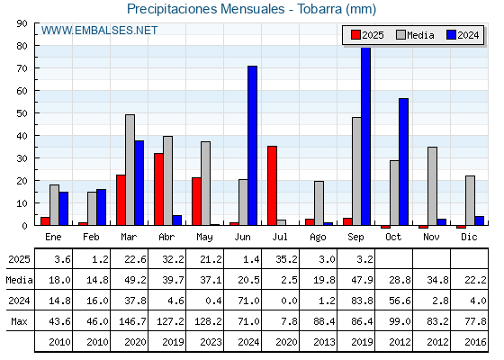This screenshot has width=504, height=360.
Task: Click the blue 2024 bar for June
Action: pyautogui.click(x=252, y=146)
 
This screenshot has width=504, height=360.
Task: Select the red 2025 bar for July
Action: pyautogui.click(x=272, y=185)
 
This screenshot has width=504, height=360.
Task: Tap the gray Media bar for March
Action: pyautogui.click(x=130, y=170)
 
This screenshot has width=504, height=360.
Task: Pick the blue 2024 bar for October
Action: pyautogui.click(x=404, y=162)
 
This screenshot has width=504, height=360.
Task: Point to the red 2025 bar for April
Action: pyautogui.click(x=158, y=189)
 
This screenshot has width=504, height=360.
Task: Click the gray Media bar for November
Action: pyautogui.click(x=432, y=186)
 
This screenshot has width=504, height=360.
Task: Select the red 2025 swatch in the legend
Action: pyautogui.click(x=355, y=35)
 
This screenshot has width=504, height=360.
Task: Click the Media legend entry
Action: pyautogui.click(x=415, y=35)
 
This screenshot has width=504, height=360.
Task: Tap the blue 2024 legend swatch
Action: pyautogui.click(x=451, y=35)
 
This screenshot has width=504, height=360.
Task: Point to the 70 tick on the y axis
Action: pyautogui.click(x=22, y=68)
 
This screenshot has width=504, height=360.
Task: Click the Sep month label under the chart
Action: pyautogui.click(x=355, y=238)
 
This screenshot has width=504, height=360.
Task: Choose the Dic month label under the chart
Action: pyautogui.click(x=469, y=237)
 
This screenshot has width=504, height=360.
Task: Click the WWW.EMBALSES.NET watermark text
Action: pyautogui.click(x=99, y=31)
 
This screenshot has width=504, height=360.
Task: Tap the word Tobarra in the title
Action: pyautogui.click(x=319, y=9)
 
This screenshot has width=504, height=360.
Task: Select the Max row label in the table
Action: pyautogui.click(x=19, y=321)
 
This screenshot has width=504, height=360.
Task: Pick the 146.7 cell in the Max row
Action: pyautogui.click(x=132, y=321)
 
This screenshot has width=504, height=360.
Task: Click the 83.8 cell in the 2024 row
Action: pyautogui.click(x=362, y=301)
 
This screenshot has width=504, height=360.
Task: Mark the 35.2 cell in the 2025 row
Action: pyautogui.click(x=286, y=259)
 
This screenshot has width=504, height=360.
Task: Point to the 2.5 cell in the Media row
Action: pyautogui.click(x=289, y=280)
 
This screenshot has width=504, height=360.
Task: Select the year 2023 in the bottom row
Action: pyautogui.click(x=211, y=342)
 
